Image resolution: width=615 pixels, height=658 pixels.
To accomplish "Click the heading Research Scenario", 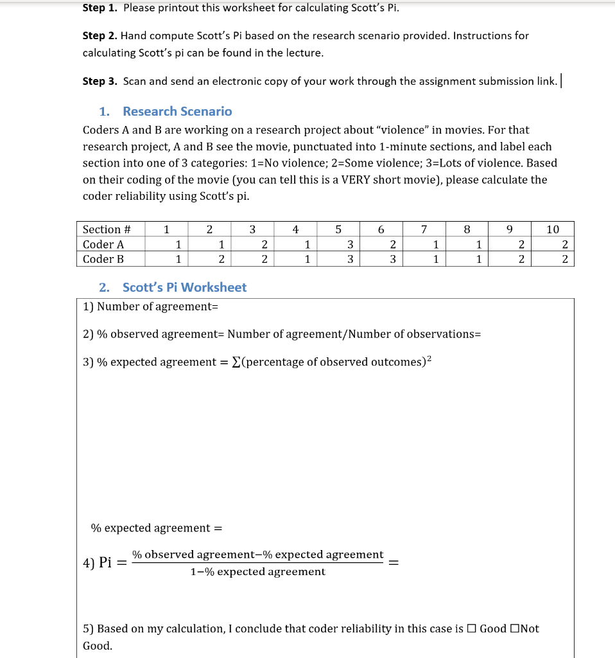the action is coord(177,111).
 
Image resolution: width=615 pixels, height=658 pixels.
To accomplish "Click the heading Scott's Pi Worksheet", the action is coord(184,287).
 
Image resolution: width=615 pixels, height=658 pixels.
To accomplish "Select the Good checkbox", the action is coord(472,628).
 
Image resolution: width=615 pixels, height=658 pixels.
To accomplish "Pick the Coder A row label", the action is coord(103,244).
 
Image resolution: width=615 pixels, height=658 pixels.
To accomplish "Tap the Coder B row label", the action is coord(103,259).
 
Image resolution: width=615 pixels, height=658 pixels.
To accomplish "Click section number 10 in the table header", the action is coord(553,229).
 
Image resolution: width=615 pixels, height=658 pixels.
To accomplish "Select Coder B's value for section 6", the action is coord(393,259).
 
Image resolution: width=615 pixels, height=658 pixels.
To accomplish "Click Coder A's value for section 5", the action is coord(350,244).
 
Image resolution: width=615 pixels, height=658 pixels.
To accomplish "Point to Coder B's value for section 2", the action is coord(221,259).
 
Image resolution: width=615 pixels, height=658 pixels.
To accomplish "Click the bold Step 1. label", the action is coord(101,8).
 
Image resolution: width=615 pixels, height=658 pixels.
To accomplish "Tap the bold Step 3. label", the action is coord(101,81).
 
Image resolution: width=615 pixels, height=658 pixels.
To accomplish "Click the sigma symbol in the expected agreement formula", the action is coord(239,362).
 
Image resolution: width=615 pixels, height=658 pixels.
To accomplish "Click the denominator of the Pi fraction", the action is coord(257,572).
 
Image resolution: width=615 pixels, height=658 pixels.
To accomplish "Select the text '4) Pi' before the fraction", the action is coord(98,563).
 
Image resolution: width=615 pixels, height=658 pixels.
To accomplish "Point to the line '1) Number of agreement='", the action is coord(151,307).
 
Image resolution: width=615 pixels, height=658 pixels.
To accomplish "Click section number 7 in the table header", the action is coord(424,229).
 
